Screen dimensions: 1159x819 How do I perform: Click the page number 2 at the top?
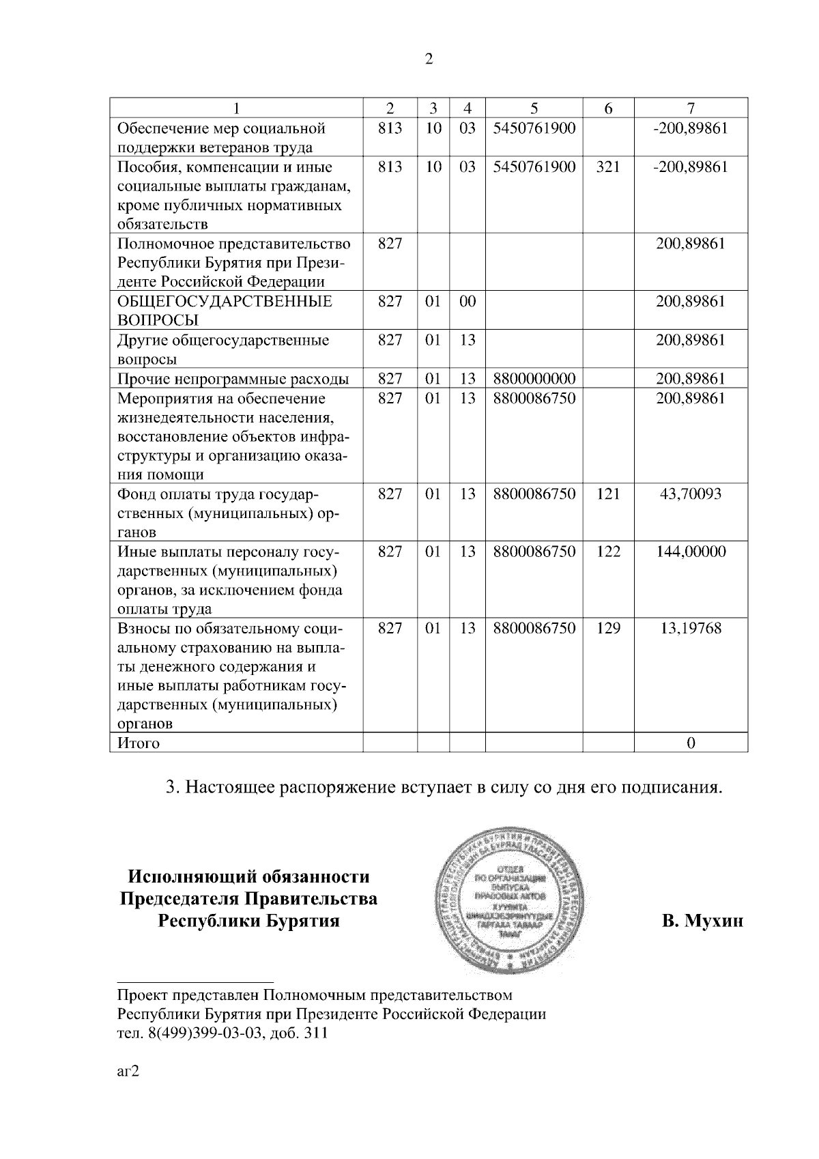point(429,59)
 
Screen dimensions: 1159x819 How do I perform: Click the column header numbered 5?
point(534,108)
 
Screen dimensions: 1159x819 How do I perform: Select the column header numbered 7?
point(691,108)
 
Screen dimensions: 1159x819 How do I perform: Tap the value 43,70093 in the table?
point(690,493)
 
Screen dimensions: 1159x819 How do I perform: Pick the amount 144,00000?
point(691,551)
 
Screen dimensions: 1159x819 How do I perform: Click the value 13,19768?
point(690,628)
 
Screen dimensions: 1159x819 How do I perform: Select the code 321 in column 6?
point(607,167)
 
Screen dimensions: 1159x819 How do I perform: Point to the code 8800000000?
point(534,379)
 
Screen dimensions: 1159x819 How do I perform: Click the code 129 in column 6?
point(607,628)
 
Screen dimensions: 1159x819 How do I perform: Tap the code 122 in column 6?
point(607,551)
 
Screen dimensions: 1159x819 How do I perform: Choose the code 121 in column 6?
point(607,493)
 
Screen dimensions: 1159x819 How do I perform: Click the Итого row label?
point(139,743)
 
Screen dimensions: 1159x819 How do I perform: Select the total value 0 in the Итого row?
point(691,743)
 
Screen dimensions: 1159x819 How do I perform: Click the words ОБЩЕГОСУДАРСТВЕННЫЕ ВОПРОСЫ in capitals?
point(225,311)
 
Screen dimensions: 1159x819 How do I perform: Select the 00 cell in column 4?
point(467,301)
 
